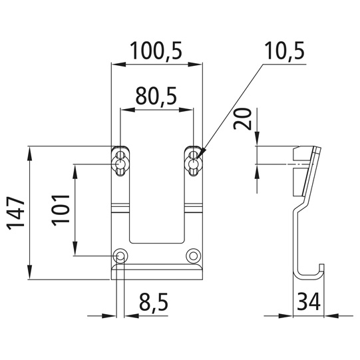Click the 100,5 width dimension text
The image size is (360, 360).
click(x=156, y=51)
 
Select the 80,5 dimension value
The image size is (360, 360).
click(x=156, y=96)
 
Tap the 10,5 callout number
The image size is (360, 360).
click(x=284, y=51)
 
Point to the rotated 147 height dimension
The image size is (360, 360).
click(x=16, y=213)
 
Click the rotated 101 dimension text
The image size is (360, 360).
click(x=61, y=210)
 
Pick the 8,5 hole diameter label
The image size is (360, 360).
click(x=154, y=301)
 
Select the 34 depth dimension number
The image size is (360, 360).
click(x=309, y=301)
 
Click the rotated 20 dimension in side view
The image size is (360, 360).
click(x=242, y=119)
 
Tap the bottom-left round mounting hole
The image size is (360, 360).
click(x=120, y=256)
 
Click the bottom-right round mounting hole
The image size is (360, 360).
click(x=194, y=256)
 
